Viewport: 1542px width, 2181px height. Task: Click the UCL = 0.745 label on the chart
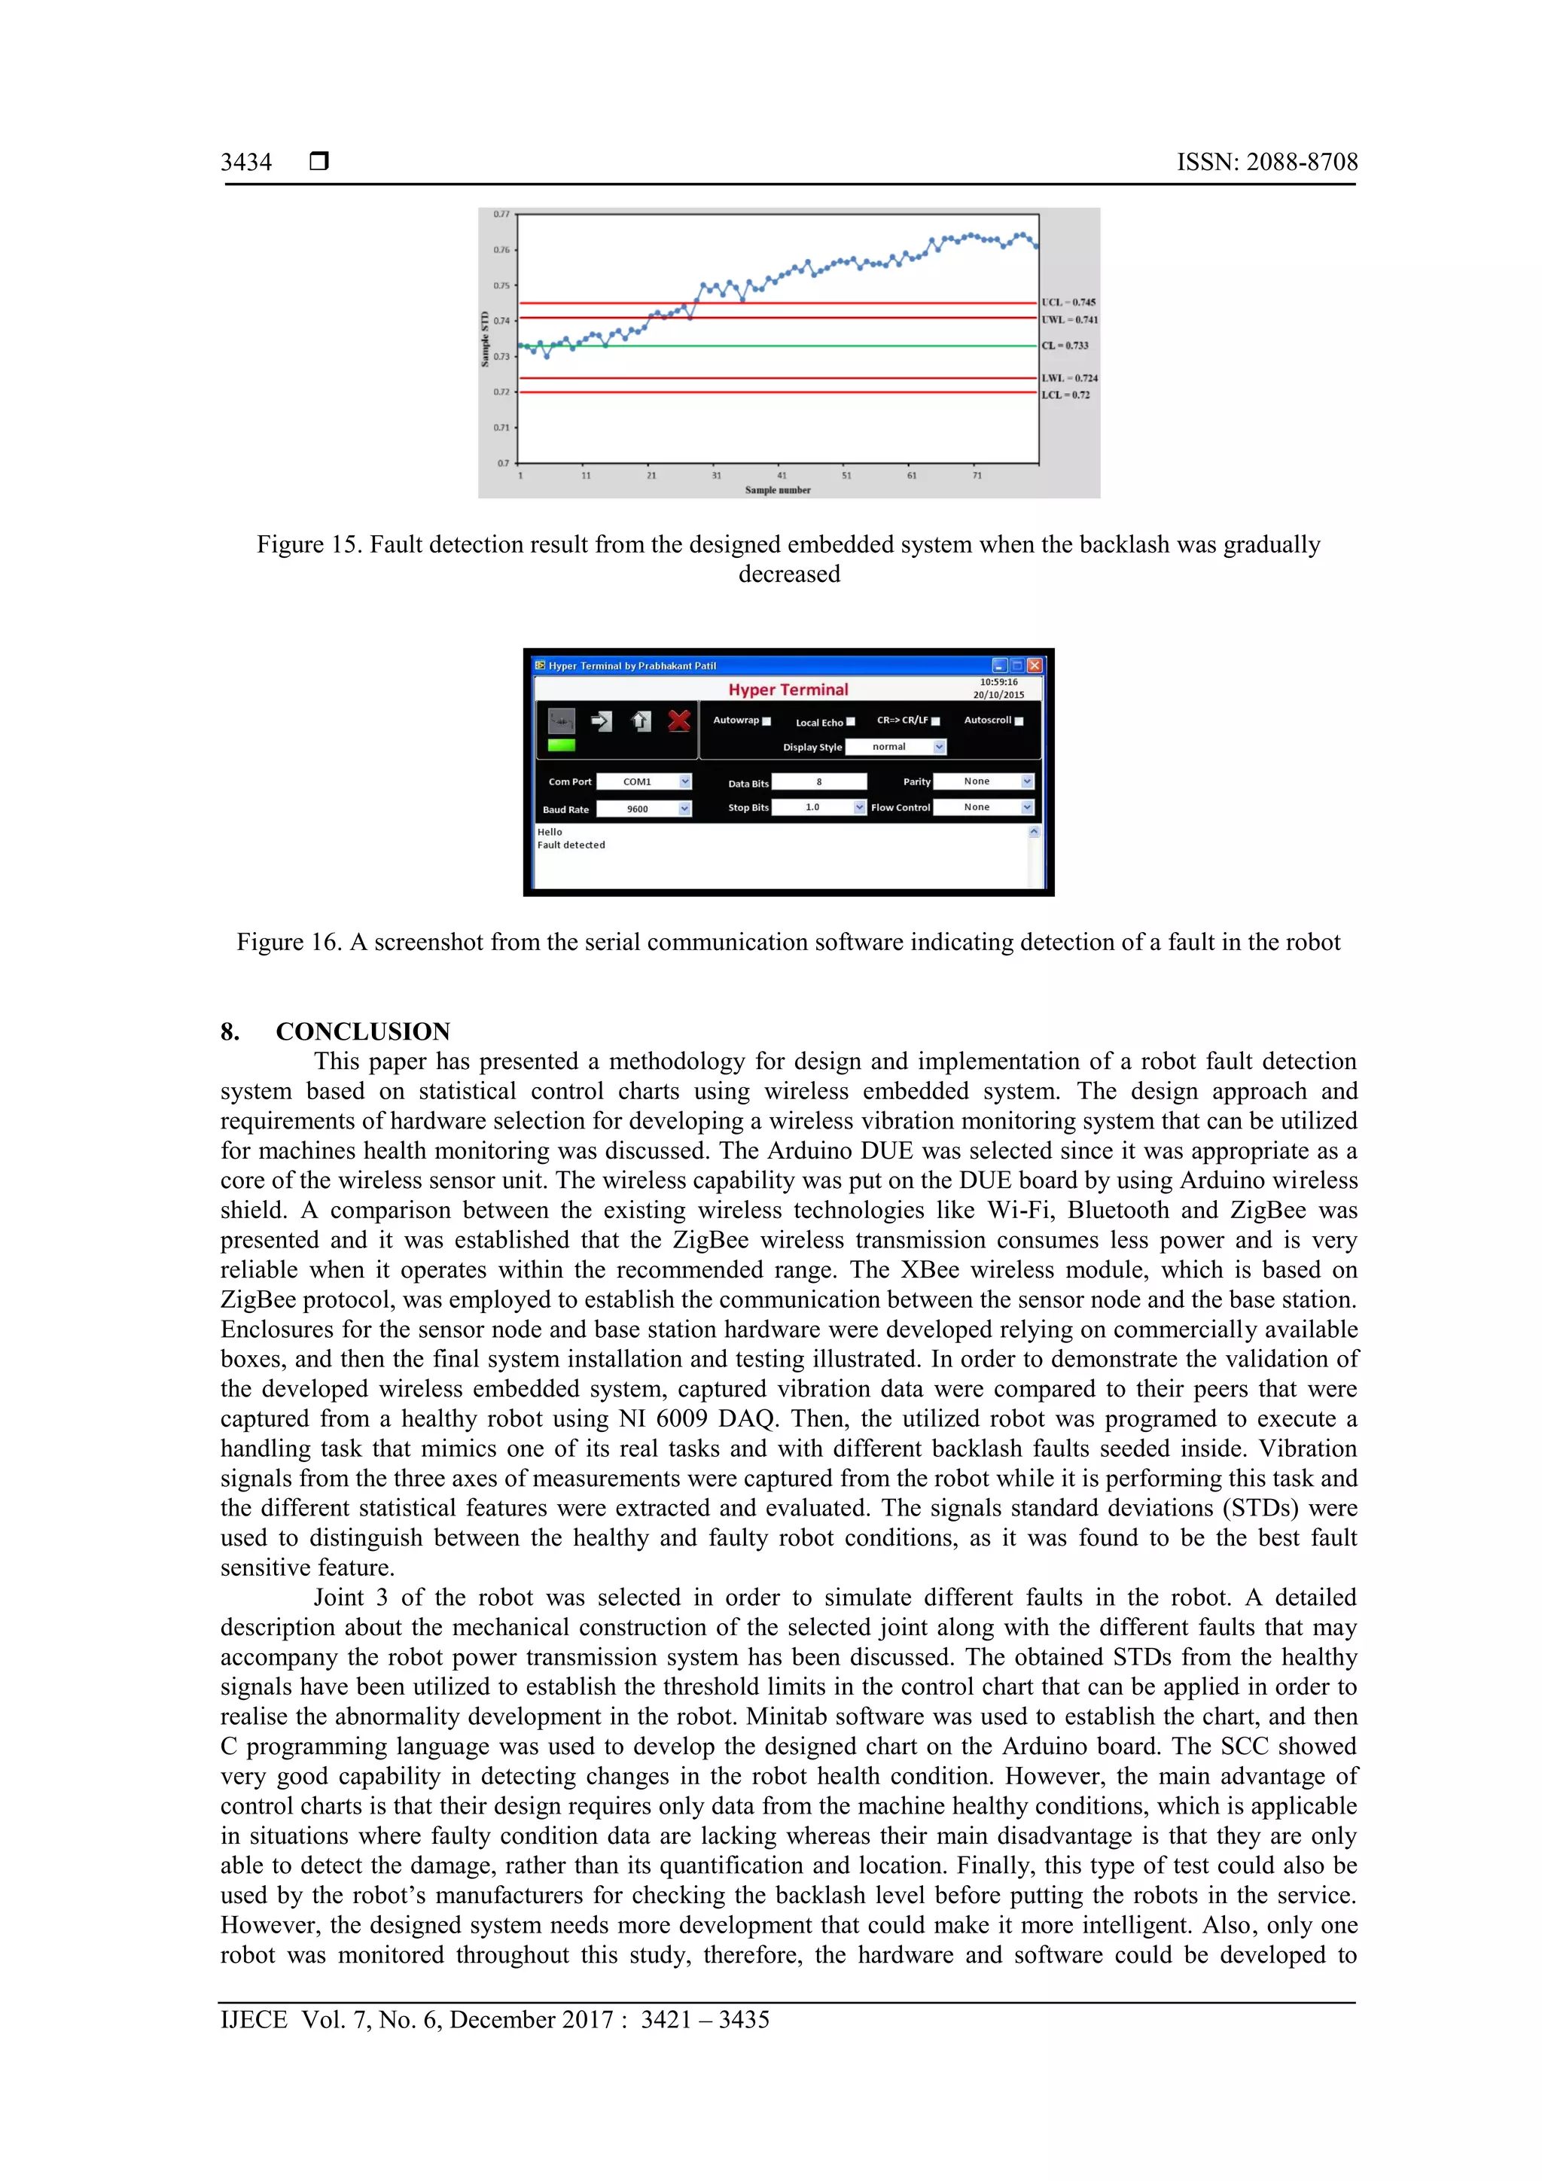pos(1068,302)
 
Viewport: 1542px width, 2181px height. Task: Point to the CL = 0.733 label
pos(1064,346)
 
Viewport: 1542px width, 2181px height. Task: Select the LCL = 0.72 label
pos(1065,394)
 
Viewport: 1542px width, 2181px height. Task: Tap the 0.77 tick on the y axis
pos(501,215)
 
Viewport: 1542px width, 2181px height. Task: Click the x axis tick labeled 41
pos(781,475)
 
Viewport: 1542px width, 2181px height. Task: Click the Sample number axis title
pos(777,490)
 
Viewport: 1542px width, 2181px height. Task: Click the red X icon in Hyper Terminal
pos(678,721)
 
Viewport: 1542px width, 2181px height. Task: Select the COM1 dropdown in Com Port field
pos(643,781)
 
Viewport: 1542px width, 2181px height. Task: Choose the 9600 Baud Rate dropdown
pos(643,809)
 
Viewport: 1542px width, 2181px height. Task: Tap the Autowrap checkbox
pos(766,722)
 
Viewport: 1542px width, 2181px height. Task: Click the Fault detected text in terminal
pos(571,845)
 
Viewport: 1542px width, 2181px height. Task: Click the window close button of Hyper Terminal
pos(1034,666)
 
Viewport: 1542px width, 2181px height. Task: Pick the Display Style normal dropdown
pos(895,747)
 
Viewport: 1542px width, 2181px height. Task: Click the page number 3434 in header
pos(246,163)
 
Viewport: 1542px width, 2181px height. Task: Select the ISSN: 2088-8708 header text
pos(1266,163)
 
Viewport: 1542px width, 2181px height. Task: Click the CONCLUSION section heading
pos(362,1031)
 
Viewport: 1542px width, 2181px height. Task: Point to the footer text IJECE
pos(253,2020)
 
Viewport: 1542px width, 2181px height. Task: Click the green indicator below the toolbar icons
pos(562,745)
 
